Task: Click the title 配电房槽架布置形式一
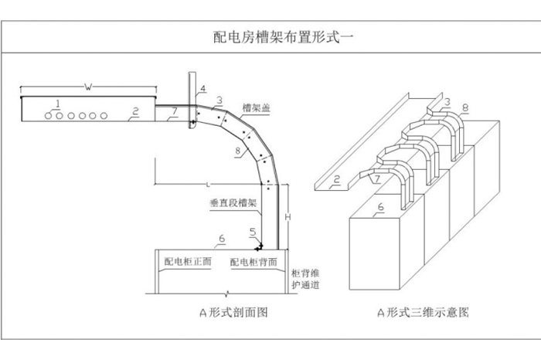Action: click(x=270, y=36)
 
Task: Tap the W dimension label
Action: click(x=87, y=87)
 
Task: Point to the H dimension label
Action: click(x=288, y=219)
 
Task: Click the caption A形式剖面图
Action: click(x=227, y=313)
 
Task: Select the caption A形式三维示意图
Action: click(x=423, y=313)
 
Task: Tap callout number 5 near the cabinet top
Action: click(x=252, y=231)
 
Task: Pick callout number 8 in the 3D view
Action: click(x=464, y=107)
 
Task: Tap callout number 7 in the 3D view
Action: click(x=376, y=180)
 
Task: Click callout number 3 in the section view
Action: click(x=219, y=100)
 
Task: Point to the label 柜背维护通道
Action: click(x=306, y=279)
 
